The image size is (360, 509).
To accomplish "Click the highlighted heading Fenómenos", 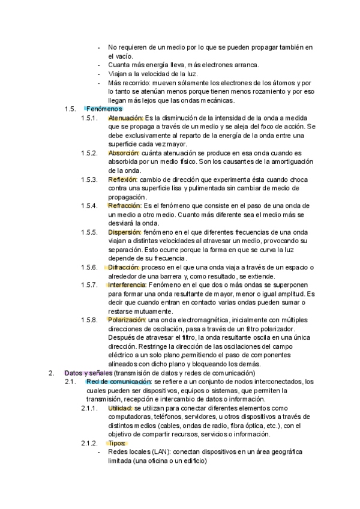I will pyautogui.click(x=104, y=109).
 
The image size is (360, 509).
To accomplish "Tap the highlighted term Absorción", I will pyautogui.click(x=123, y=153).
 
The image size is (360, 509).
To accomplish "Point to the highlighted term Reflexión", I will pyautogui.click(x=122, y=179).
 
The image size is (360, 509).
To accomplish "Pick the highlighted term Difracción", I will pyautogui.click(x=124, y=267).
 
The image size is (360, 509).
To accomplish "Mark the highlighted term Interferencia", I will pyautogui.click(x=127, y=285).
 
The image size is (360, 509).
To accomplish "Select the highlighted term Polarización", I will pyautogui.click(x=127, y=320).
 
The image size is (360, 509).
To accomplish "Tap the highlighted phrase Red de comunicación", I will pyautogui.click(x=119, y=382).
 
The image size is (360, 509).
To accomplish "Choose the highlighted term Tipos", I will pyautogui.click(x=116, y=443).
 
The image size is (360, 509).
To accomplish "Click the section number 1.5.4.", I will pyautogui.click(x=89, y=206).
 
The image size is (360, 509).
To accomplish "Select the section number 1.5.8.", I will pyautogui.click(x=89, y=320).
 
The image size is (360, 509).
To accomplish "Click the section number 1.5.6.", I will pyautogui.click(x=89, y=267).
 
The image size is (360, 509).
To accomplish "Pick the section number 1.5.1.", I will pyautogui.click(x=89, y=118).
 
